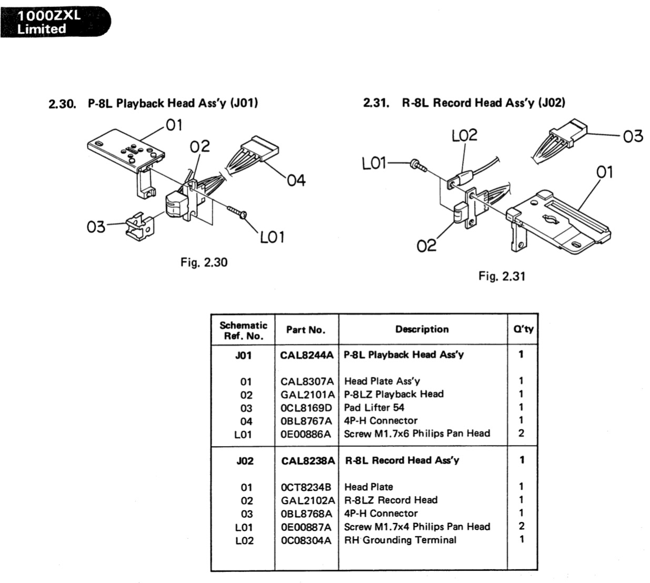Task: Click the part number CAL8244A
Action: coord(307,355)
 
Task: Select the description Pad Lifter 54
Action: coord(374,407)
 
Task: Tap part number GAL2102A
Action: coord(307,500)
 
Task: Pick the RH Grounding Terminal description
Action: coord(400,540)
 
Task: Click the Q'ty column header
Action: coord(523,329)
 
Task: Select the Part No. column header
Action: coord(306,330)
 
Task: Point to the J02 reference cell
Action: coord(245,461)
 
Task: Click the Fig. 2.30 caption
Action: coord(204,262)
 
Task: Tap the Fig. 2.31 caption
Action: coord(502,276)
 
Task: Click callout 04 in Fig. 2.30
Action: coord(296,180)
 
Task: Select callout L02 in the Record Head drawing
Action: coord(464,135)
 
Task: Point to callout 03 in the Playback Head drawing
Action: coord(96,228)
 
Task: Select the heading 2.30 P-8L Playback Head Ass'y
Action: coord(153,103)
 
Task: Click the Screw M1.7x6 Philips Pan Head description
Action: coord(417,433)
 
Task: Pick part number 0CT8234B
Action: coord(306,487)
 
